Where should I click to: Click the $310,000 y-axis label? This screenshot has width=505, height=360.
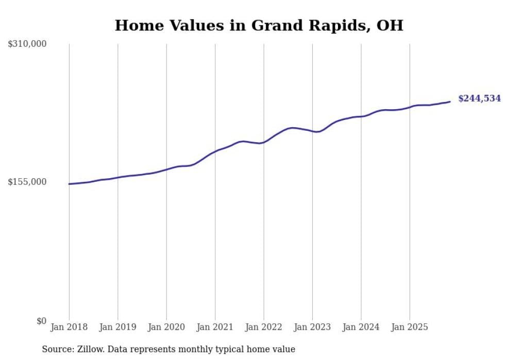coord(27,44)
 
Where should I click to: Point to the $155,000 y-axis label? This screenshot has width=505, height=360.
coord(27,182)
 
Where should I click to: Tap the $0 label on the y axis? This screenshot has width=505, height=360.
coord(41,321)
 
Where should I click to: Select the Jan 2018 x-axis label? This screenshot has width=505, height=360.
coord(69,327)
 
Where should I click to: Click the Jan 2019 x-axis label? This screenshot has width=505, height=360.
coord(117,327)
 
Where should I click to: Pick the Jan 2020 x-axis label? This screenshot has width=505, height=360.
coord(166,327)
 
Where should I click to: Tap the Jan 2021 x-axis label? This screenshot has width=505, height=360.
coord(215,327)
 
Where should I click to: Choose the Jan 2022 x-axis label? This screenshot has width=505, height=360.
coord(264,327)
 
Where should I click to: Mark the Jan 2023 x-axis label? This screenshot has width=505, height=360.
coord(312,327)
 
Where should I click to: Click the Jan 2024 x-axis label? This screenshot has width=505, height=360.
coord(361,327)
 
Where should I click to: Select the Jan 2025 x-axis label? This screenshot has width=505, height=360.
coord(410,327)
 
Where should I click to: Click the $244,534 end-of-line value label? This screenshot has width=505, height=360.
coord(479,98)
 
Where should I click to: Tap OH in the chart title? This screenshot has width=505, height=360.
coord(391,25)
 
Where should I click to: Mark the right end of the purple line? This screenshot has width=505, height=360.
coord(450,101)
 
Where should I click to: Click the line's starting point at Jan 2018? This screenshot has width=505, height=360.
coord(69,184)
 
